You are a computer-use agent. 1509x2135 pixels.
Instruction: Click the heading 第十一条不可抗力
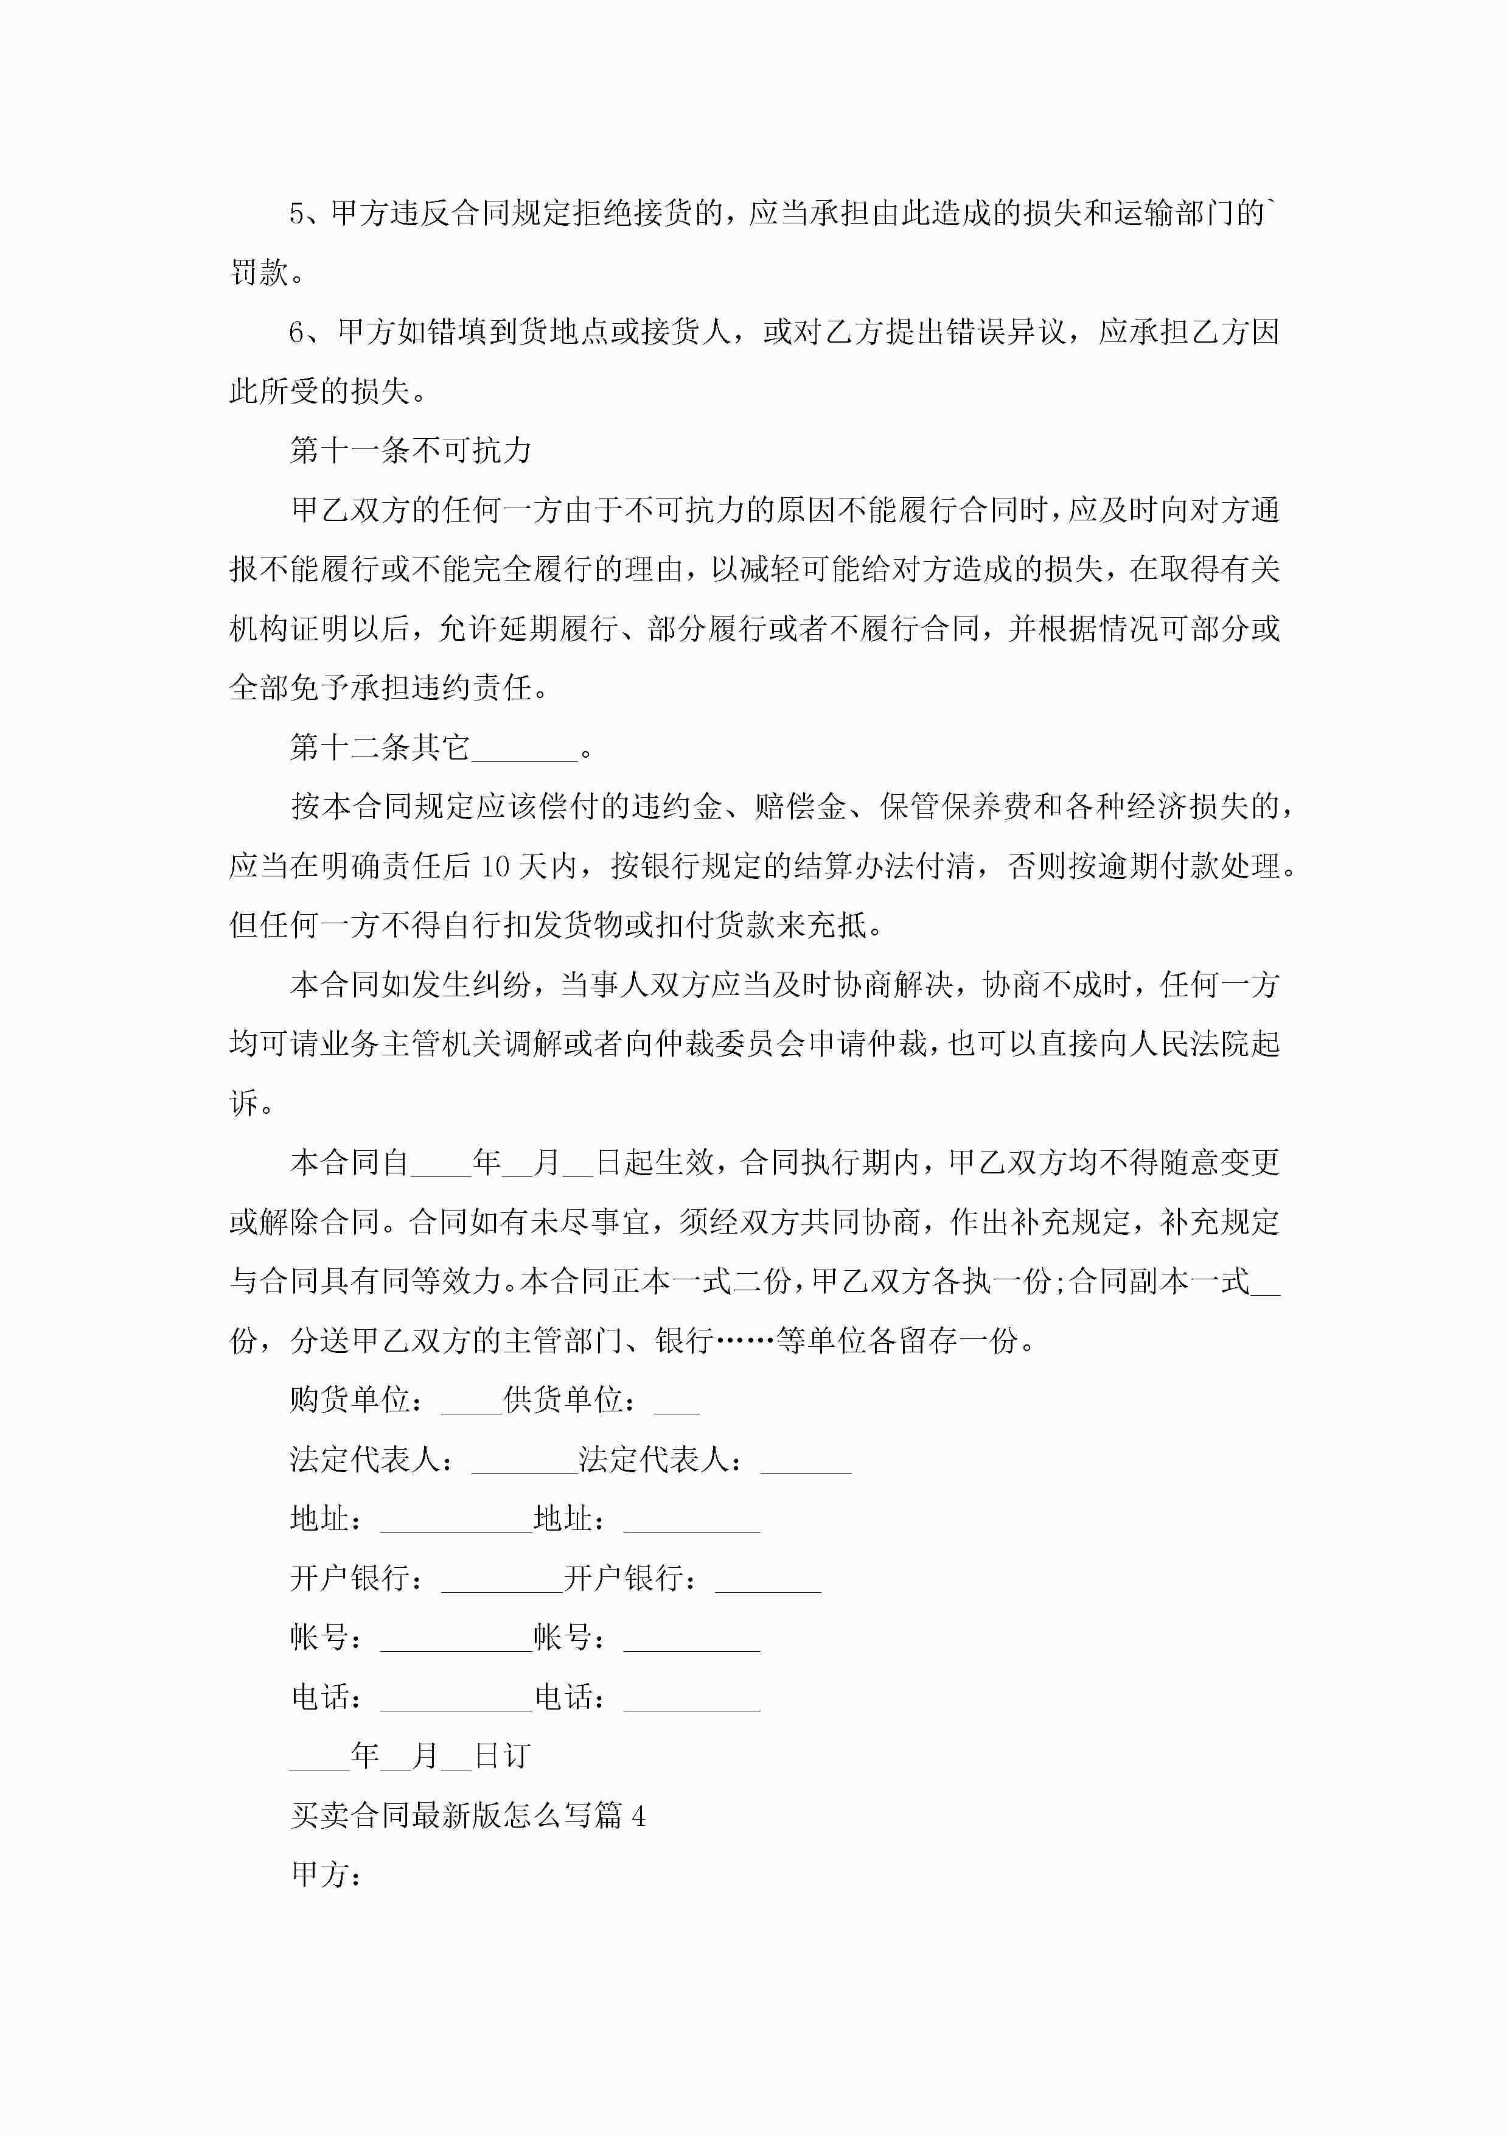click(410, 451)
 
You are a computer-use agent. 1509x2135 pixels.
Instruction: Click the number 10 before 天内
click(495, 867)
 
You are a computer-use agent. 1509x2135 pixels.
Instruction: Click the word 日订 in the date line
click(502, 1756)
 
